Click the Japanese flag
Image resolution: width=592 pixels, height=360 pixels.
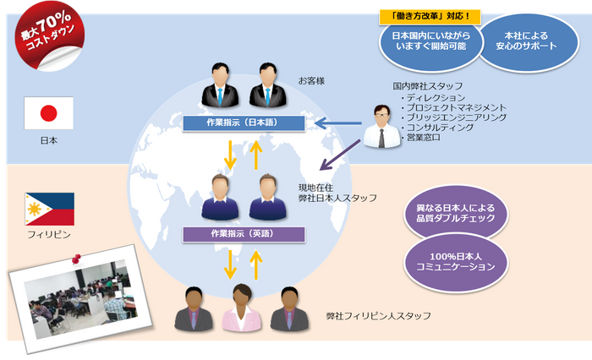tap(48, 112)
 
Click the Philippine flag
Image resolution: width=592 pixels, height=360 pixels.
tap(48, 209)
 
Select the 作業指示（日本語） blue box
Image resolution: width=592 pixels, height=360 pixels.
tap(244, 124)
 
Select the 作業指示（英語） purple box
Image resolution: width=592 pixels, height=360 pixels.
tap(244, 232)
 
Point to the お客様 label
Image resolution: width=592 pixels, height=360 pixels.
tap(311, 81)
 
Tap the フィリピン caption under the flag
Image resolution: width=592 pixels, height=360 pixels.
tap(48, 233)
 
